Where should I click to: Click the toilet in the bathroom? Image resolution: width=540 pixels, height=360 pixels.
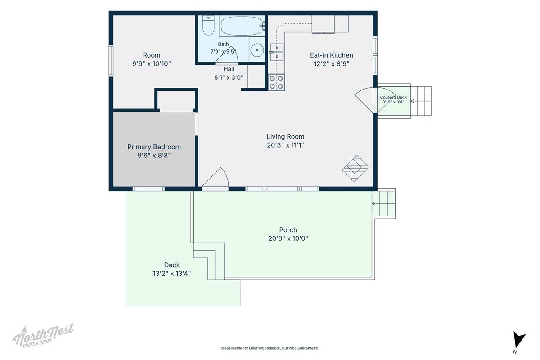pyautogui.click(x=208, y=25)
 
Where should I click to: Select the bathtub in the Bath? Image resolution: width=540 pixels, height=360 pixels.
pyautogui.click(x=242, y=26)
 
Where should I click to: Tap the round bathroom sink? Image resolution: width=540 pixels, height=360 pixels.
pyautogui.click(x=257, y=50)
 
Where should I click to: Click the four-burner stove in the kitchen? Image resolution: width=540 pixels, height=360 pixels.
pyautogui.click(x=276, y=82)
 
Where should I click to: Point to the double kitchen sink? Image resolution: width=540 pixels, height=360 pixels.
pyautogui.click(x=277, y=52)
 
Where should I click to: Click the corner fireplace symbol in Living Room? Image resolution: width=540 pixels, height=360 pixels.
pyautogui.click(x=356, y=168)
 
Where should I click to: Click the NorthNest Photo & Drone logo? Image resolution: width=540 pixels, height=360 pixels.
pyautogui.click(x=44, y=336)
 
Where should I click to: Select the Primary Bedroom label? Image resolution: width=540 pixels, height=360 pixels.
pyautogui.click(x=154, y=147)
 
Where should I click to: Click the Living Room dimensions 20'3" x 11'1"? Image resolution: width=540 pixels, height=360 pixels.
pyautogui.click(x=285, y=145)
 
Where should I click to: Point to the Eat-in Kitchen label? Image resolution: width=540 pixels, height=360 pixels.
pyautogui.click(x=332, y=55)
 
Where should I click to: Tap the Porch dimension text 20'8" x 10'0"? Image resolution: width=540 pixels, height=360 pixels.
pyautogui.click(x=288, y=238)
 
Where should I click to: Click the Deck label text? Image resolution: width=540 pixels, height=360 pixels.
pyautogui.click(x=172, y=265)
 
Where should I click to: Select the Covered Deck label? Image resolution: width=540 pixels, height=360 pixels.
pyautogui.click(x=393, y=97)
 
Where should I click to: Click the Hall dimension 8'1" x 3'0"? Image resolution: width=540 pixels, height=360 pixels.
pyautogui.click(x=229, y=78)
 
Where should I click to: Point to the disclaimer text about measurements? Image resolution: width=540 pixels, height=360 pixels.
pyautogui.click(x=270, y=348)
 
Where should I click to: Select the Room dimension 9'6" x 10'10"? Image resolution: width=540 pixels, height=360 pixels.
pyautogui.click(x=151, y=64)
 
